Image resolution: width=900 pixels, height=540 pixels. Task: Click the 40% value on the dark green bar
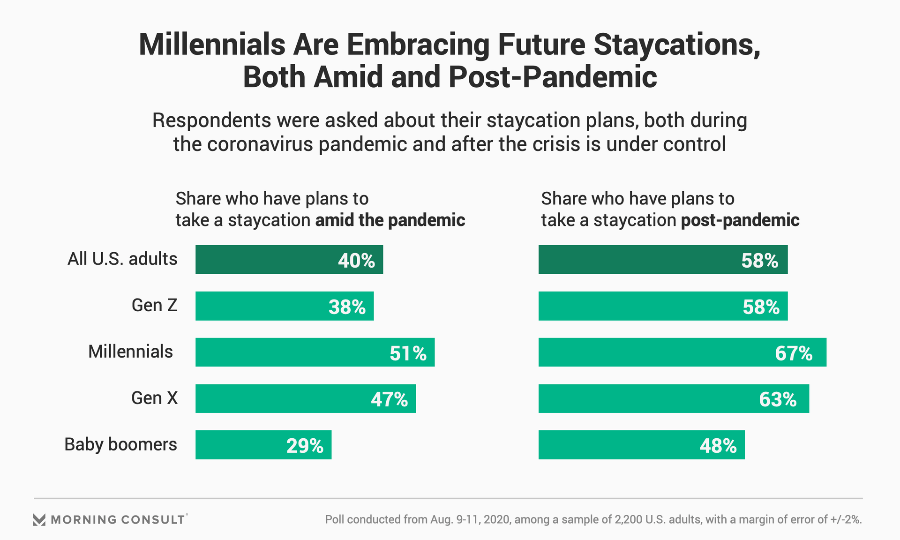coord(356,261)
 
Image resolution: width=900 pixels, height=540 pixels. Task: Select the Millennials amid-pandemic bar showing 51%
coord(315,352)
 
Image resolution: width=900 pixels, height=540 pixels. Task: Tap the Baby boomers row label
coord(120,444)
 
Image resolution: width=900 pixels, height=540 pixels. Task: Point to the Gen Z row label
coord(154,305)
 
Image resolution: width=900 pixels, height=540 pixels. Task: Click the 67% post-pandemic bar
coord(682,352)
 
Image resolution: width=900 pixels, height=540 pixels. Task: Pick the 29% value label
coord(305,446)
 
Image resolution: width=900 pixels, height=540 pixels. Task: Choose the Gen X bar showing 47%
coord(306,398)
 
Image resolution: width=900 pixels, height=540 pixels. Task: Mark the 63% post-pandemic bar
coord(674,398)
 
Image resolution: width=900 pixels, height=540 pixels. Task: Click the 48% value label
coord(718,446)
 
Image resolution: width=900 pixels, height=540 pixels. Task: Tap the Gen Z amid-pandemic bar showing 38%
coord(285,306)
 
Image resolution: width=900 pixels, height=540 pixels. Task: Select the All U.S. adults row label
coord(122,259)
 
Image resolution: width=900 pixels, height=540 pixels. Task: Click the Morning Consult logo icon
coord(39,519)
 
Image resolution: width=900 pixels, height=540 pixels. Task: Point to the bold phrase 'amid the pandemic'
coord(390,220)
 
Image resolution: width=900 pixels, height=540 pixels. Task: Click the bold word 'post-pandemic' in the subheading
coord(740,220)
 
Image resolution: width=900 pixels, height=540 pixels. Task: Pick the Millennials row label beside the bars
coord(130,352)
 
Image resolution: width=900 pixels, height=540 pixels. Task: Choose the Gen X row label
coord(154,398)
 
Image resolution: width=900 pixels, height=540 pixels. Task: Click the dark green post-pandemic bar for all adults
coord(663,259)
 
